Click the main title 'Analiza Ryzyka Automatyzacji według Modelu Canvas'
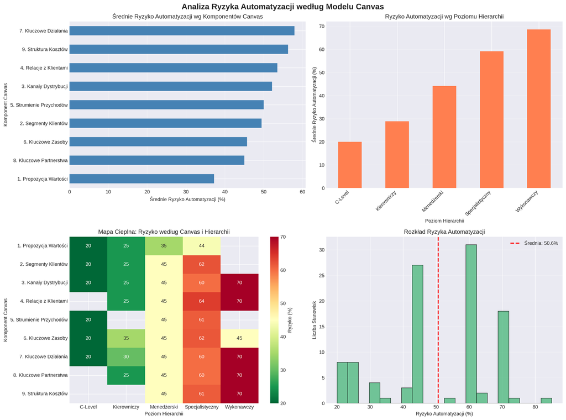[283, 7]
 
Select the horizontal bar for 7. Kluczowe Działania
[182, 31]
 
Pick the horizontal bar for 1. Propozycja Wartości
[141, 179]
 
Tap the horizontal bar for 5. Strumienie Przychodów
[166, 104]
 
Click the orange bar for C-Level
[350, 165]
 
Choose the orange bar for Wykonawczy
[538, 109]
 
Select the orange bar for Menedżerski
[444, 137]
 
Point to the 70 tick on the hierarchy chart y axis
[321, 26]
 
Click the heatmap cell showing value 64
[201, 301]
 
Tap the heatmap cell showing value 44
[201, 245]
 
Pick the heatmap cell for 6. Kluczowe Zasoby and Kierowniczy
[126, 338]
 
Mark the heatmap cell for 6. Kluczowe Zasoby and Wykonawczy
[239, 338]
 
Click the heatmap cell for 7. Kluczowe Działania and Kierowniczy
[126, 356]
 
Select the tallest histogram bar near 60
[471, 324]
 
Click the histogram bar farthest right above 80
[546, 401]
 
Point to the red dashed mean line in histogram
[438, 321]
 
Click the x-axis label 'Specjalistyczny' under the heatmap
[201, 407]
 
